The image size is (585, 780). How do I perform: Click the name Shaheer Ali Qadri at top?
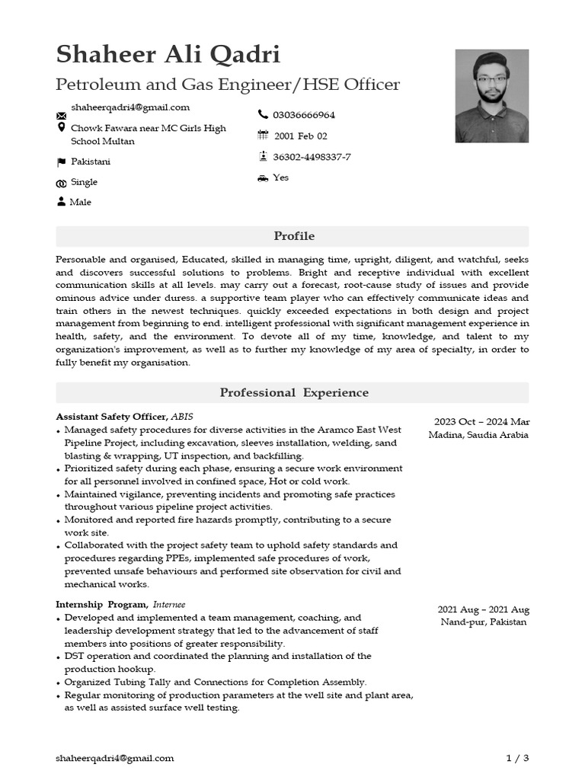(168, 55)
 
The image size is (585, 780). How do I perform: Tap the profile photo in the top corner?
(491, 96)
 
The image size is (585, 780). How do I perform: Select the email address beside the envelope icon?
(130, 107)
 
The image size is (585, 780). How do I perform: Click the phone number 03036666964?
(304, 115)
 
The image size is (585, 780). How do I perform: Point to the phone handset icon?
(263, 114)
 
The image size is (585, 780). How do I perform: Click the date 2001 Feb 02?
(301, 136)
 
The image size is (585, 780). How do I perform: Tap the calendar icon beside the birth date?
(263, 136)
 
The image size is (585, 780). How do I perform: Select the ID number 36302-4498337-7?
(312, 157)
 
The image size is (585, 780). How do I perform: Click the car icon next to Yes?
(263, 177)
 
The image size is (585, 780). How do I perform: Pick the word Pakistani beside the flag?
(91, 161)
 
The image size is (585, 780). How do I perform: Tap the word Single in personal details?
(84, 182)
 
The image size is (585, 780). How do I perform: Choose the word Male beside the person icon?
(80, 202)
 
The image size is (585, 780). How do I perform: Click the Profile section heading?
(293, 236)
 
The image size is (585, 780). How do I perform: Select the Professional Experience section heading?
(293, 393)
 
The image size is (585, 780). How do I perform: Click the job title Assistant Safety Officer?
(111, 417)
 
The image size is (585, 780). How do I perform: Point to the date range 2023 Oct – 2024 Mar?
(481, 422)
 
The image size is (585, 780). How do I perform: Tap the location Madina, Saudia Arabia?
(478, 435)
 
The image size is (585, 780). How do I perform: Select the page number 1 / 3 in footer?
(517, 758)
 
